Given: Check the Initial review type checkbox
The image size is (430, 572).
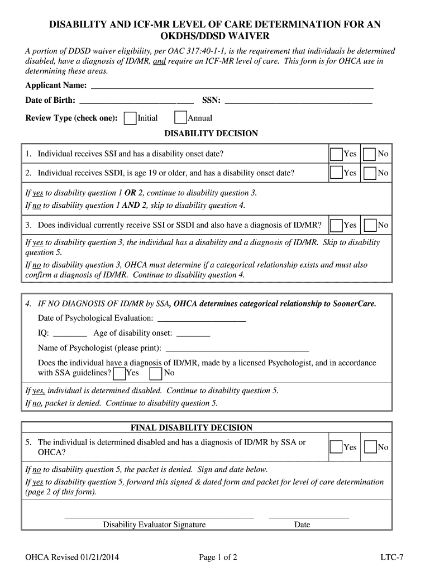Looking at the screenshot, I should coord(130,118).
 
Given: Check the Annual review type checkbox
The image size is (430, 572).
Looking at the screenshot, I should coord(180,118).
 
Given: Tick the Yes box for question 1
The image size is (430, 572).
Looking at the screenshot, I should coord(336,154).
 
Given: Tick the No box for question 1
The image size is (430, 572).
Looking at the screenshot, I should coord(370,154).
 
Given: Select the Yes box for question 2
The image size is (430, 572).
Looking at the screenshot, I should coord(336,173).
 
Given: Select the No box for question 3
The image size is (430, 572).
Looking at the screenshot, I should coord(370,226).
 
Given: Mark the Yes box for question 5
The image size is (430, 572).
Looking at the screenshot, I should coord(336,447).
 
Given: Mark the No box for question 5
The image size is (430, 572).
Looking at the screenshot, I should coord(370,447).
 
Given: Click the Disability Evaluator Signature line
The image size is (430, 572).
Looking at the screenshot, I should coord(159,516).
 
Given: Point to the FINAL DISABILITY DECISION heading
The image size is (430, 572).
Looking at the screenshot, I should coord(192,428).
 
